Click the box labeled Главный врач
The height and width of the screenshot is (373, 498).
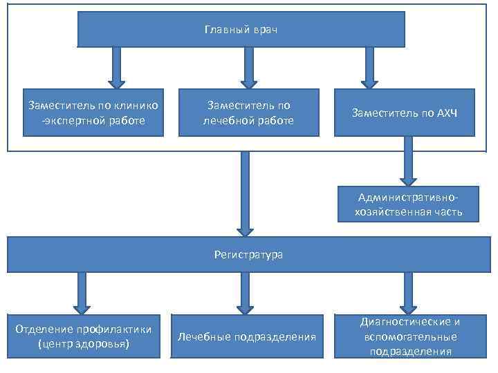241,30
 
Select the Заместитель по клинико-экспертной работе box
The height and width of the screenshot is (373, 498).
93,113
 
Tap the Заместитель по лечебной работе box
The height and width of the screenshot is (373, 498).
249,113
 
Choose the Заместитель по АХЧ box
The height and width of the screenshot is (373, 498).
405,113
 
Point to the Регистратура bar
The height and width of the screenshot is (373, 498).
248,255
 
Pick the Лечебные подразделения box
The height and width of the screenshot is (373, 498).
247,336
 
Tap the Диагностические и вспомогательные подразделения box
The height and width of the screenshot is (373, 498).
410,336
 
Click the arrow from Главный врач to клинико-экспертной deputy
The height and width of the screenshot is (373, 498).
117,67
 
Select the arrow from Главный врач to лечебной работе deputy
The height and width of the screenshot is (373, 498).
249,67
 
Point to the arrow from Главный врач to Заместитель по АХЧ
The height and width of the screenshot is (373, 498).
369,67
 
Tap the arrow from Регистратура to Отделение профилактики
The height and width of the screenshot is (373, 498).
82,292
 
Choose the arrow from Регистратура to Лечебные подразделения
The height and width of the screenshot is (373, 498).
245,292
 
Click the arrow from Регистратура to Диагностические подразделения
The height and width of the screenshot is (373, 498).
407,292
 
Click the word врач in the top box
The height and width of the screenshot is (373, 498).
265,30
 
